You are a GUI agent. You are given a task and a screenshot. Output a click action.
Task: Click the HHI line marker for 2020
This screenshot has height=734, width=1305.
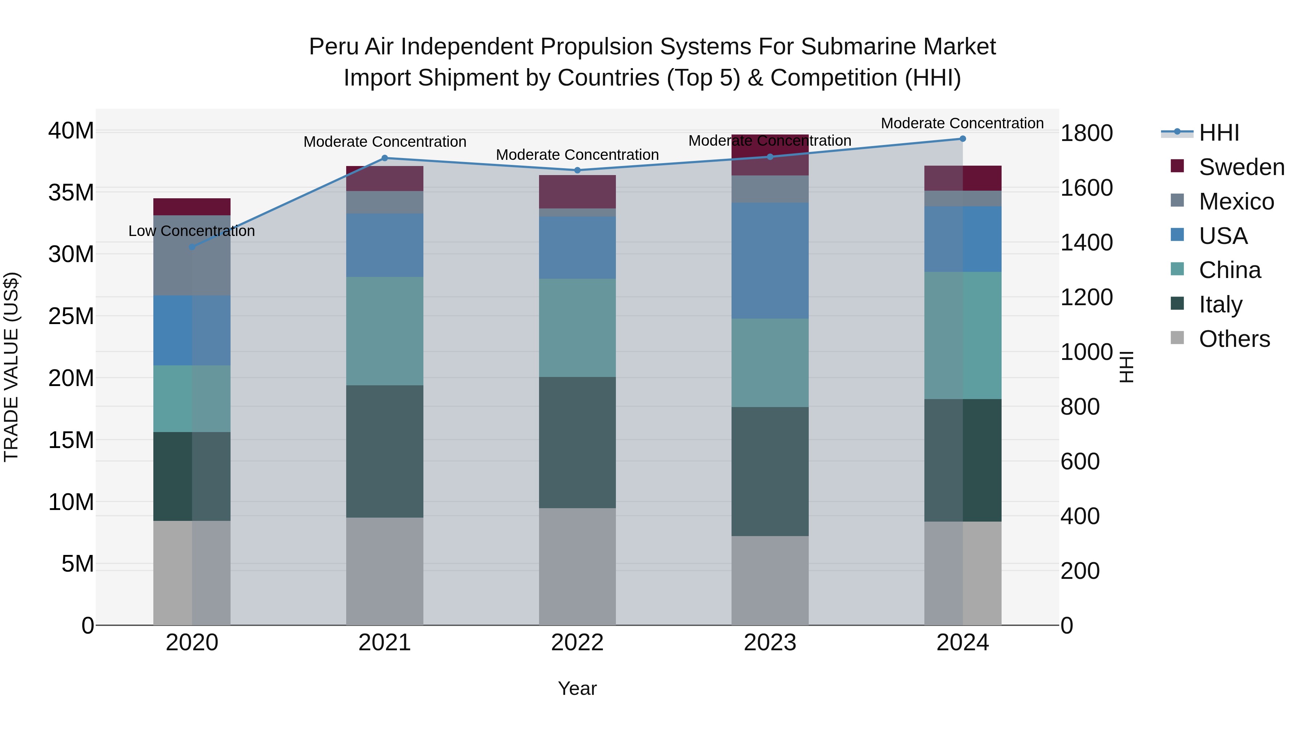coord(192,247)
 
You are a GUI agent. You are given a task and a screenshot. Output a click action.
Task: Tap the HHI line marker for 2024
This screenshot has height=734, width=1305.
coord(962,139)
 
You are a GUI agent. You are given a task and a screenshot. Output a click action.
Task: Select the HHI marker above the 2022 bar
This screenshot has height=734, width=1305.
coord(577,170)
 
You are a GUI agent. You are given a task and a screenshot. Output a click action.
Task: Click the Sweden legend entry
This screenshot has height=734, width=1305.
coord(1241,167)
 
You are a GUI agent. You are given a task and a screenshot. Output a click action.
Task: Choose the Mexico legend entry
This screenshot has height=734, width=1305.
coord(1236,202)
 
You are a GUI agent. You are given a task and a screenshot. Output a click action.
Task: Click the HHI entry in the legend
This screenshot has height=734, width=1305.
coord(1219,133)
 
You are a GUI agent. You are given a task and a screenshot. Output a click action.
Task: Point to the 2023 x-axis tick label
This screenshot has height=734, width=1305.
coord(770,643)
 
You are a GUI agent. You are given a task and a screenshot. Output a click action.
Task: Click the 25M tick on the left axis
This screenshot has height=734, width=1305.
coord(71,316)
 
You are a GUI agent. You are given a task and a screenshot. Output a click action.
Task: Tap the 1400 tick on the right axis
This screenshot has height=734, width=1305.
coord(1087,242)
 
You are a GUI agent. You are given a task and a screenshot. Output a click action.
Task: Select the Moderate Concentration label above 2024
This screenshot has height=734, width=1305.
coord(962,123)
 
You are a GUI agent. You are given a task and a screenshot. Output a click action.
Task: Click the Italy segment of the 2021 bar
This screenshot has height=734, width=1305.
coord(385,451)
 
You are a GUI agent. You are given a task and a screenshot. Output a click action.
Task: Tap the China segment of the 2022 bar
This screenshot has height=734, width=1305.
coord(577,328)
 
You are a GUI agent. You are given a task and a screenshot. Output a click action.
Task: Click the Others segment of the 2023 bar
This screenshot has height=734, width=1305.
coord(770,581)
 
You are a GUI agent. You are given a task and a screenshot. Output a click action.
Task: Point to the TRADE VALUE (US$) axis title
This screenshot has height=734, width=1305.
coord(12,367)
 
